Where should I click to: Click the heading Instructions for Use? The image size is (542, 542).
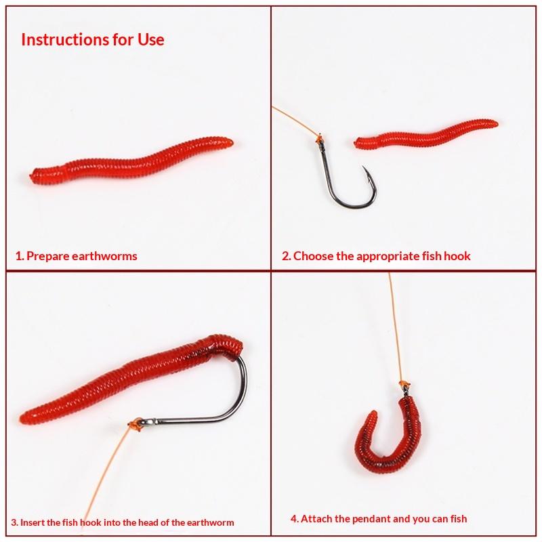coord(93,39)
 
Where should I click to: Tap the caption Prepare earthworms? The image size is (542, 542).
coord(81,256)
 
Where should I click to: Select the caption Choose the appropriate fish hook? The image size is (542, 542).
coord(381,256)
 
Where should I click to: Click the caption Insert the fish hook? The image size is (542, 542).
coord(61,522)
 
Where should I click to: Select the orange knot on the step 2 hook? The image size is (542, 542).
coord(320,139)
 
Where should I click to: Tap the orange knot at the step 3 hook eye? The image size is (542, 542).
coord(135,425)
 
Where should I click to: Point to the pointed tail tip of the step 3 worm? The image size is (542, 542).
coord(22,418)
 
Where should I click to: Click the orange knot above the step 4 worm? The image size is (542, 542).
coord(403,384)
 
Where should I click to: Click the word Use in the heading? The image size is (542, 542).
coord(151,39)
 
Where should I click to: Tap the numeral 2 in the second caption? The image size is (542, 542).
coord(285,256)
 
